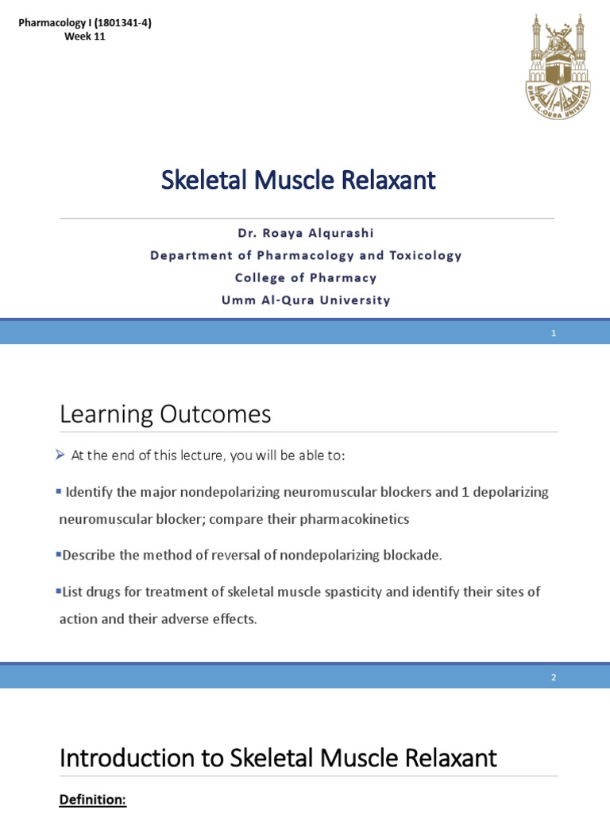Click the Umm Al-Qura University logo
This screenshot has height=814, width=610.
coord(558,67)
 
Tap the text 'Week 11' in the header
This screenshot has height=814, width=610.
coord(85,37)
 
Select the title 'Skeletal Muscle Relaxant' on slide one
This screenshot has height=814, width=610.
coord(299,180)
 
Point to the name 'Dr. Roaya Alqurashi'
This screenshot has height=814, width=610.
coord(306,233)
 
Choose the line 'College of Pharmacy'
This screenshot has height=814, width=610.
coord(306,277)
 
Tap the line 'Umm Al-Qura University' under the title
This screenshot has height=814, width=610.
coord(306,300)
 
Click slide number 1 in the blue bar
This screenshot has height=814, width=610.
coord(554,333)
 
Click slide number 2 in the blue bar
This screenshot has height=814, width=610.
coord(554,677)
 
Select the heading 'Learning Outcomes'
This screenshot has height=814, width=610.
coord(165,414)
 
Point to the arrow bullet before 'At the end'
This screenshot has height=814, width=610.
coord(61,455)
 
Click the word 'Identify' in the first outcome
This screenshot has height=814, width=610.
coord(90,492)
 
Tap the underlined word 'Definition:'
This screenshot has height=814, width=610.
coord(93,800)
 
